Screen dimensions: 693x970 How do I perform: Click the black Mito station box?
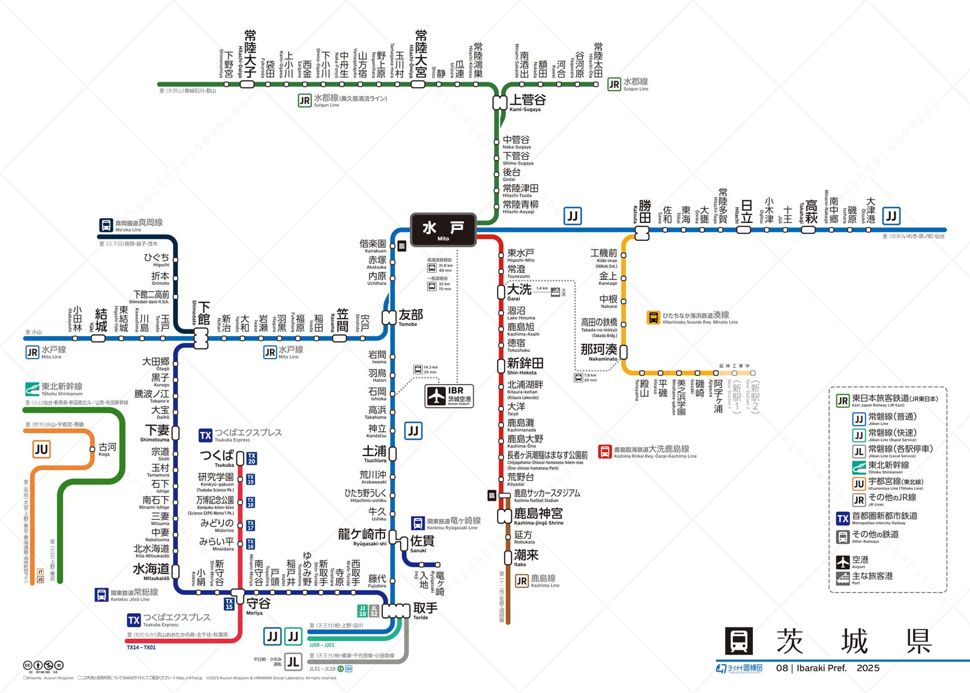443,229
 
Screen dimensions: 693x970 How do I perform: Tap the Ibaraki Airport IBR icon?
449,396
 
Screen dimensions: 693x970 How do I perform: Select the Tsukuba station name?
217,456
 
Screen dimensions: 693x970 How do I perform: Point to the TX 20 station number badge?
251,459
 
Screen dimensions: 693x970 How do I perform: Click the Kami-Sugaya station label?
527,101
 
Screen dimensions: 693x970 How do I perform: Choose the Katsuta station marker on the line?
642,233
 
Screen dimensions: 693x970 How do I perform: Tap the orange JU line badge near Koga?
41,449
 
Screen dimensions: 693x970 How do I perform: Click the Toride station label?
425,609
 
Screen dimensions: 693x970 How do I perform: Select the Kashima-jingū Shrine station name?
538,515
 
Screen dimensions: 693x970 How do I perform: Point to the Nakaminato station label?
599,351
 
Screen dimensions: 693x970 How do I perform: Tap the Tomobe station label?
411,316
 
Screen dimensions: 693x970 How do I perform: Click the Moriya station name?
258,605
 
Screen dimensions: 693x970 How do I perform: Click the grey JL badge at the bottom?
293,662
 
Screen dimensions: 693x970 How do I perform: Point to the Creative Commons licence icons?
43,665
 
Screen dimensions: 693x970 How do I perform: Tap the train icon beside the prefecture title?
738,641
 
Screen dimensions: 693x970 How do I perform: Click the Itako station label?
526,556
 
